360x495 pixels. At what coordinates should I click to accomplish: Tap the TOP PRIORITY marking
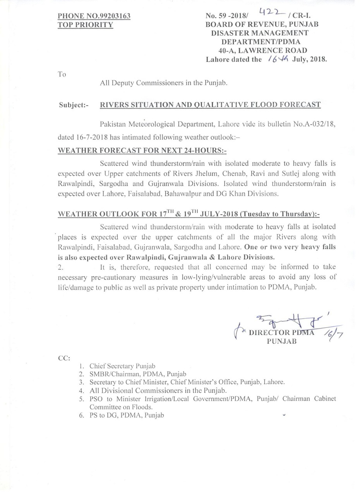(x=85, y=25)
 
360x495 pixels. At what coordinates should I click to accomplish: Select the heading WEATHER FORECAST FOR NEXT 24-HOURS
(x=145, y=150)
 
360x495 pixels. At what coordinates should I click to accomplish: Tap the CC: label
(x=64, y=358)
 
